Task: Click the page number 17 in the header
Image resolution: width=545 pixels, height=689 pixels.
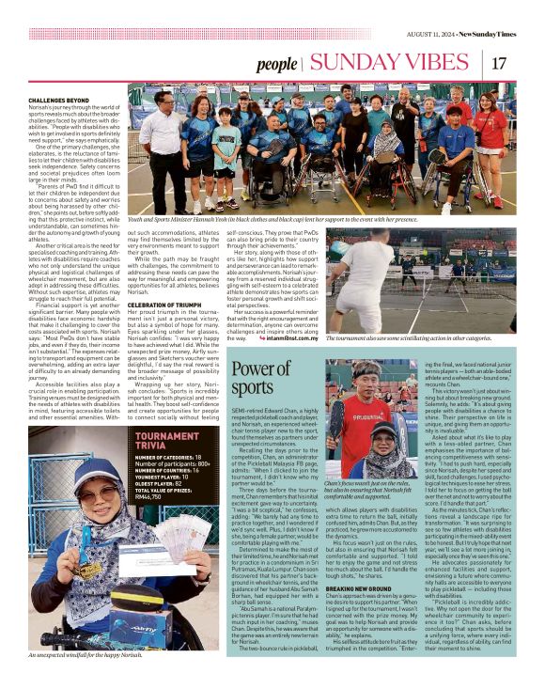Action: coord(499,63)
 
